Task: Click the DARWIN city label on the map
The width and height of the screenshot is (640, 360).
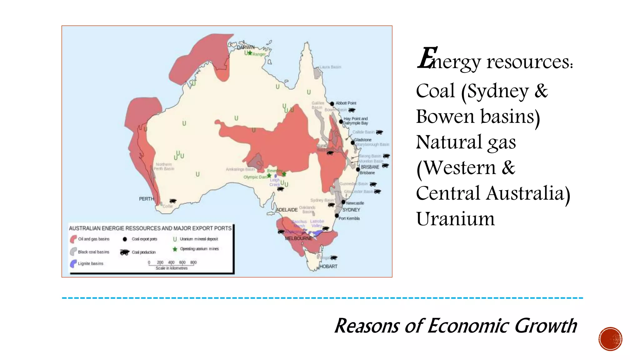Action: (x=246, y=47)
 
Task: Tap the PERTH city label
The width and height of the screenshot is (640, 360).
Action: (x=146, y=199)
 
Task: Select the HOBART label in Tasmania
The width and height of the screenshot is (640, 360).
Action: (x=328, y=267)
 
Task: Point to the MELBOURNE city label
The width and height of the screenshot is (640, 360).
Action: (x=298, y=238)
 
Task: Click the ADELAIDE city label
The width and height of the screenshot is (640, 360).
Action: (x=287, y=210)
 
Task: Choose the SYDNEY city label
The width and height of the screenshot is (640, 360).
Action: (x=351, y=210)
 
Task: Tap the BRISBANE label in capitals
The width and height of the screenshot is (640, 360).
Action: (x=370, y=167)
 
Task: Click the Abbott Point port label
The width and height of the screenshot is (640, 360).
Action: (x=346, y=103)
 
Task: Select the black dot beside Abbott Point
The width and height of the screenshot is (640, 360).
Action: (x=332, y=104)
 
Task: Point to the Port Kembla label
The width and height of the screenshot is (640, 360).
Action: (x=349, y=218)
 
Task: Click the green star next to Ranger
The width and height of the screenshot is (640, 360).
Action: (x=250, y=53)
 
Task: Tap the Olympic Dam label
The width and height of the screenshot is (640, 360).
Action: (x=255, y=177)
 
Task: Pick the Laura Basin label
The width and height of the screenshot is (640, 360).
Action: (x=330, y=67)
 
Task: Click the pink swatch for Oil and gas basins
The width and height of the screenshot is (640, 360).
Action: (x=73, y=239)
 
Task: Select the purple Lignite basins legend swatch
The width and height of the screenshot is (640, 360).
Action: (x=73, y=263)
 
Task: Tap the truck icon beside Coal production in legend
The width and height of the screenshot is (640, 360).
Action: (x=124, y=252)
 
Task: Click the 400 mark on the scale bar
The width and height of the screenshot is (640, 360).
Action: (x=171, y=262)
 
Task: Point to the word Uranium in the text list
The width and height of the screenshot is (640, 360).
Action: (x=455, y=219)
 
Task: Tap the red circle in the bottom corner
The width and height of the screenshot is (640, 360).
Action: (x=610, y=339)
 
